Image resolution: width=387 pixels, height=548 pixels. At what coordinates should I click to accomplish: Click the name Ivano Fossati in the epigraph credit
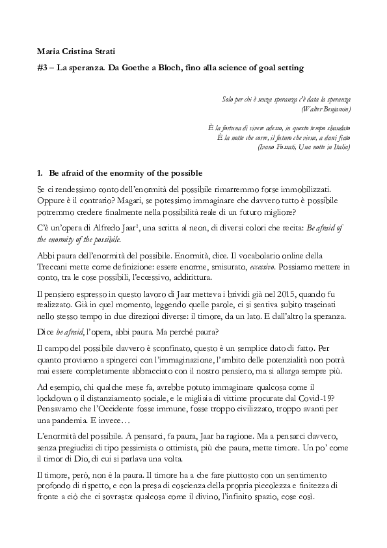click(277, 146)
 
